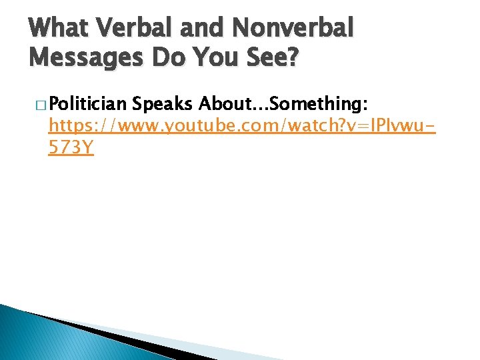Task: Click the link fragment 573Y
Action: (71, 148)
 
